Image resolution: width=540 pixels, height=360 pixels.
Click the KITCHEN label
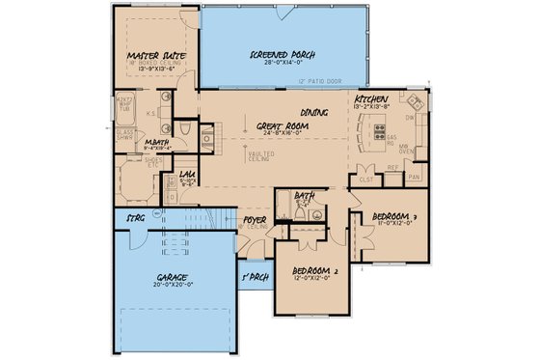click(x=371, y=100)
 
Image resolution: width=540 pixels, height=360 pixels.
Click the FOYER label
click(x=254, y=220)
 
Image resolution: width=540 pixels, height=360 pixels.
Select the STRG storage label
click(x=135, y=219)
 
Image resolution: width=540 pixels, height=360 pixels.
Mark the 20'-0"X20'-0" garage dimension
click(x=174, y=286)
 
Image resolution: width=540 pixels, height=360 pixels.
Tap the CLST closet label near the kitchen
click(x=365, y=179)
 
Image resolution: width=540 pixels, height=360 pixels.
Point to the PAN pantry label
click(x=415, y=178)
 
